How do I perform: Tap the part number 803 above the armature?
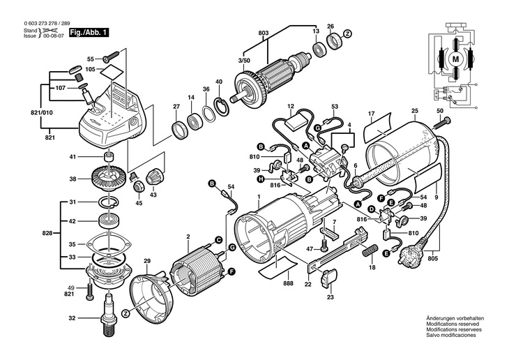click(263, 33)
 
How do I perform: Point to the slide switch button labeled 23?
click(328, 281)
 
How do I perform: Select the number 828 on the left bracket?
click(47, 231)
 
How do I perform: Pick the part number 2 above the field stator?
click(188, 237)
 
